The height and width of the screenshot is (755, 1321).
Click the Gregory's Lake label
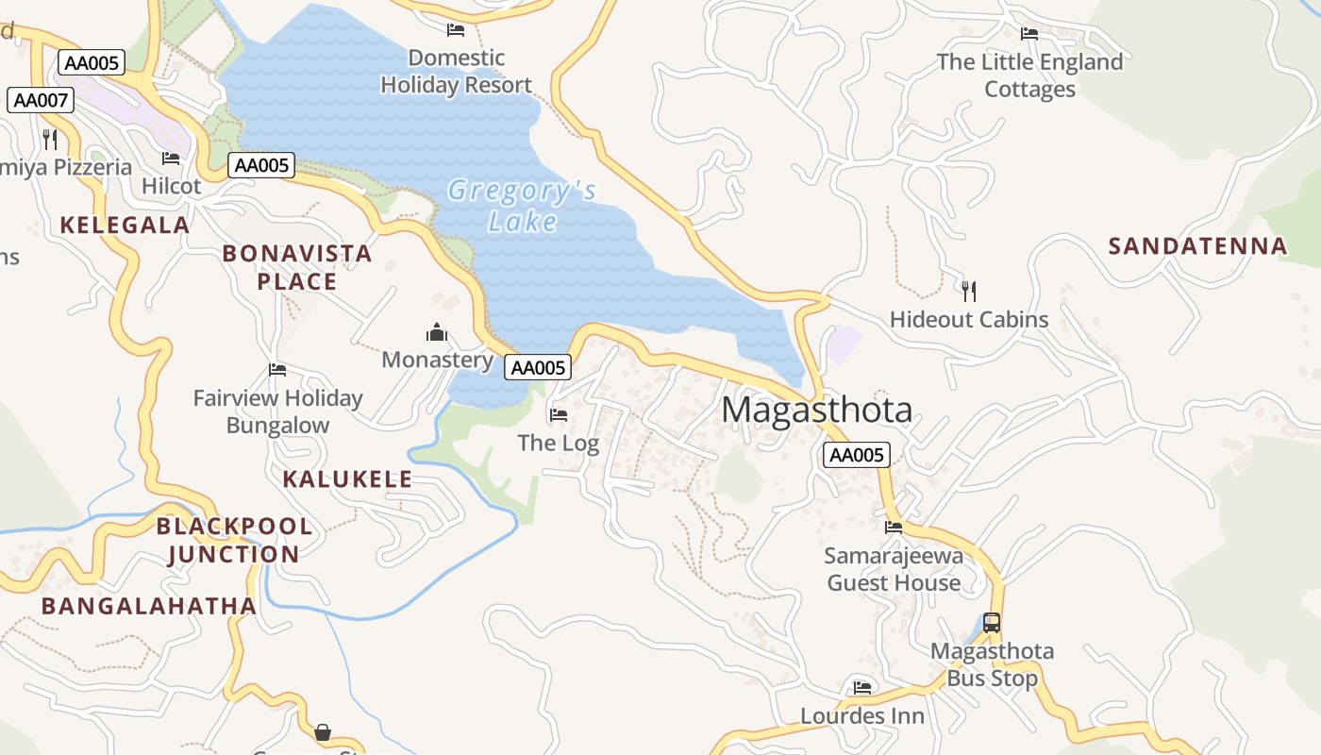tap(522, 206)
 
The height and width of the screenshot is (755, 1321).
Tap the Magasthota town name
tap(817, 411)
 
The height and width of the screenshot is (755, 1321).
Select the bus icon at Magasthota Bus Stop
tap(991, 623)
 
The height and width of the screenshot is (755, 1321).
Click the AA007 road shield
tap(41, 100)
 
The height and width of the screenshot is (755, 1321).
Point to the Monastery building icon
tap(436, 332)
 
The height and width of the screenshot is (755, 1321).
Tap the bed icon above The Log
tap(559, 414)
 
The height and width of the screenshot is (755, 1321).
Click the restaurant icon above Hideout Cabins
tap(968, 291)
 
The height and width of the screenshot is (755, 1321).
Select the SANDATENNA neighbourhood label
tap(1197, 246)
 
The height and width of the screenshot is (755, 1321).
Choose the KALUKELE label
tap(347, 479)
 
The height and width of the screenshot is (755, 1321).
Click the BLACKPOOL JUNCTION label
tap(233, 540)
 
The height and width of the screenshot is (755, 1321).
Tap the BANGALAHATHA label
tap(148, 606)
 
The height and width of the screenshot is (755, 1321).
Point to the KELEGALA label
tap(125, 226)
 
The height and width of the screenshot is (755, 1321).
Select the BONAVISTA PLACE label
tap(296, 267)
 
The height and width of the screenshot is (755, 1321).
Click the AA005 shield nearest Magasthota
tap(857, 455)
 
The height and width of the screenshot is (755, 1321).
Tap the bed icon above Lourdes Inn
tap(861, 687)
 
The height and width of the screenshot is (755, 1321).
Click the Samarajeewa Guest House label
tap(894, 569)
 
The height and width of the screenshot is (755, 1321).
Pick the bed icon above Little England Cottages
tap(1028, 34)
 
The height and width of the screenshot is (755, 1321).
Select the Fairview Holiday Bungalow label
tap(277, 411)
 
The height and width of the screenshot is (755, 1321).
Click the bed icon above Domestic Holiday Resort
tap(456, 30)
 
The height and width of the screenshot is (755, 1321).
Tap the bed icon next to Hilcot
tap(170, 159)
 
